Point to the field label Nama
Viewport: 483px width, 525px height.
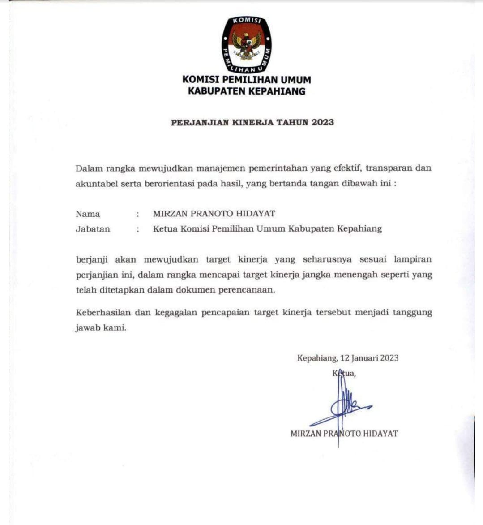tap(88, 214)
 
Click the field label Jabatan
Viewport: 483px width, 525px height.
tap(93, 229)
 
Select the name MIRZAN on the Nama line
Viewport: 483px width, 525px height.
tap(170, 214)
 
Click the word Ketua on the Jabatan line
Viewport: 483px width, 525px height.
tap(165, 229)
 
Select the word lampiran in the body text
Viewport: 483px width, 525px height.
tap(413, 259)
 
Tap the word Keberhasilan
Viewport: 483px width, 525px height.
tap(103, 313)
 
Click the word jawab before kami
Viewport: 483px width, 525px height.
tap(87, 328)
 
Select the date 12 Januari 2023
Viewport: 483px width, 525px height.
tap(369, 358)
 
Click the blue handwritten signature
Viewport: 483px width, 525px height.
tap(342, 405)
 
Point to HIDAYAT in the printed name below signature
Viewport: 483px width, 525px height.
tap(380, 434)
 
